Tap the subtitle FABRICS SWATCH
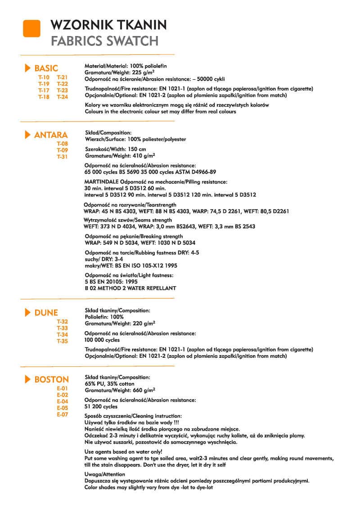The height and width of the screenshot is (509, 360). pyautogui.click(x=104, y=41)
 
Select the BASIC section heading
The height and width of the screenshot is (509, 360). pyautogui.click(x=46, y=68)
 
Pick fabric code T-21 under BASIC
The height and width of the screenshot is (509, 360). pyautogui.click(x=62, y=77)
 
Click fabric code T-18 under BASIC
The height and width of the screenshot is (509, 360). pyautogui.click(x=44, y=96)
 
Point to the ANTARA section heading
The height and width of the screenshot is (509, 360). pyautogui.click(x=51, y=135)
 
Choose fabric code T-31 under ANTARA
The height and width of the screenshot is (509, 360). pyautogui.click(x=62, y=157)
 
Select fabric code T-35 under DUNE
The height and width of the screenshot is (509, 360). pyautogui.click(x=62, y=341)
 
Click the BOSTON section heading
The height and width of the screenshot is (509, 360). pyautogui.click(x=51, y=379)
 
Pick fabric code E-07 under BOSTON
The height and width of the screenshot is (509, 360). pyautogui.click(x=62, y=414)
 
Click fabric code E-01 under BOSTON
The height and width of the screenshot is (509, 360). pyautogui.click(x=62, y=388)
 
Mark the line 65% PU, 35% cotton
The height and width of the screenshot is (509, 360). pyautogui.click(x=109, y=384)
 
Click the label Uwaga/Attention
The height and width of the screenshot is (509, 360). pyautogui.click(x=105, y=474)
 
